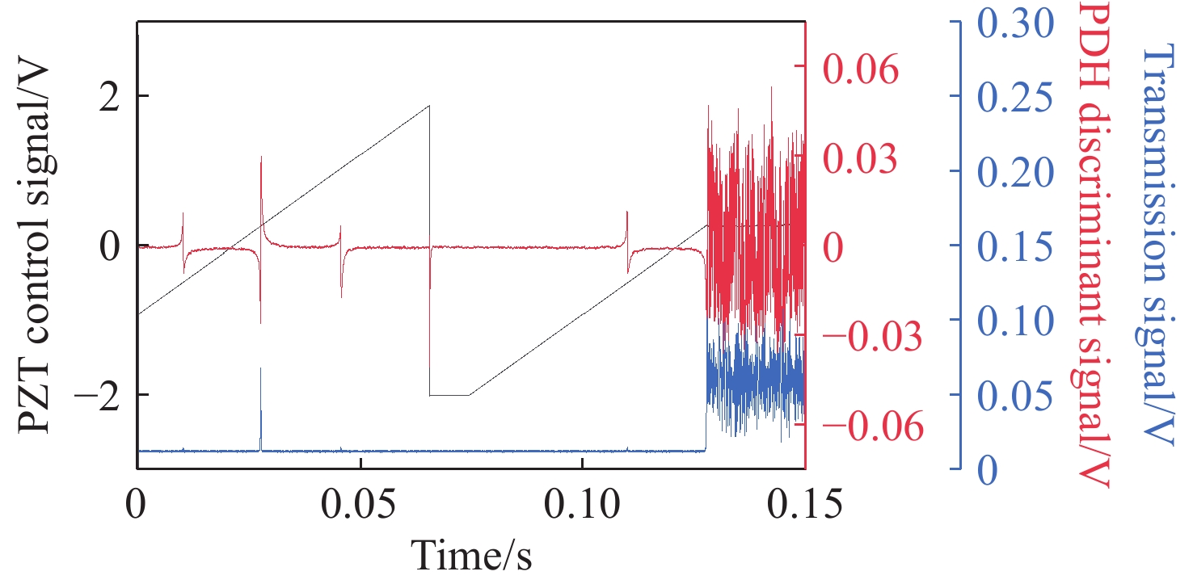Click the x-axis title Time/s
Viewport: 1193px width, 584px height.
(472, 555)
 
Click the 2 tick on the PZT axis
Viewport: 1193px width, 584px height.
(103, 95)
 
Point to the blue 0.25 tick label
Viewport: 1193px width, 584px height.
(1017, 97)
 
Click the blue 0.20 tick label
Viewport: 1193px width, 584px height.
(1017, 171)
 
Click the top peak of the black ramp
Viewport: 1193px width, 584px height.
(429, 106)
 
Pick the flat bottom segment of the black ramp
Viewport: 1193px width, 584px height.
(449, 395)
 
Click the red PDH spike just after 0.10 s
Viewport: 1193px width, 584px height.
(627, 230)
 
